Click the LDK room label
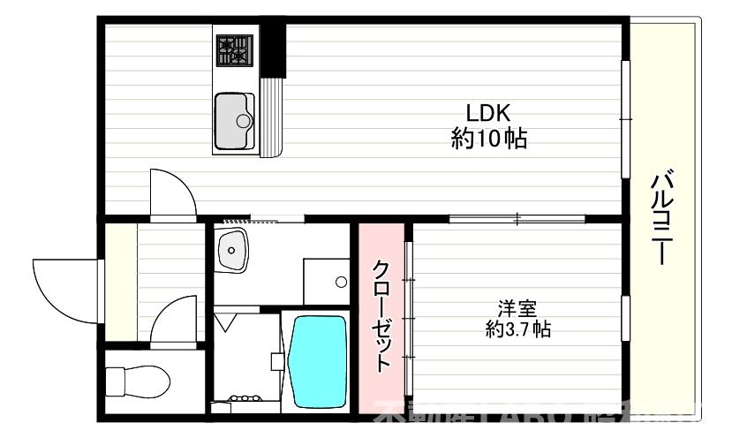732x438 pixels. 488,113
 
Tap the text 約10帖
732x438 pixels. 488,139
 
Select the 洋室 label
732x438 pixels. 517,309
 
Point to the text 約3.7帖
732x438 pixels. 517,330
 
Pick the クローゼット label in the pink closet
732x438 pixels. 381,314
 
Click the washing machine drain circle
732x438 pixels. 341,283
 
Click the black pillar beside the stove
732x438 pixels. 276,49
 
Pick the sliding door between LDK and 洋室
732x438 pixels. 517,218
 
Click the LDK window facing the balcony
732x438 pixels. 626,119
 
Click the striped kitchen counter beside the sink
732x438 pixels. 270,117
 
